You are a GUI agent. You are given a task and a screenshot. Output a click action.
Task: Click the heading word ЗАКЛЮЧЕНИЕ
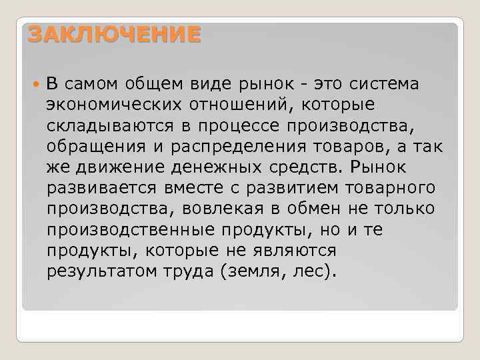(x=114, y=35)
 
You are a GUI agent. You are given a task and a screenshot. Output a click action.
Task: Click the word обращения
(x=94, y=147)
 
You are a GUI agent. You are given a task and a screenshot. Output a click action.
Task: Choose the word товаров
(x=343, y=147)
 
